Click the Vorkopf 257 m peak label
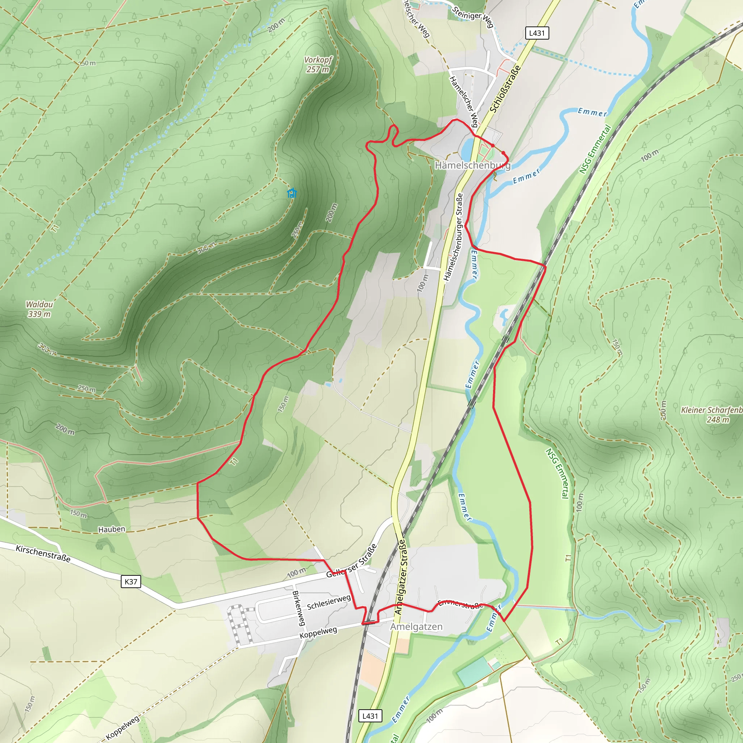pyautogui.click(x=318, y=65)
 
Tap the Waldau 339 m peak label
pyautogui.click(x=39, y=309)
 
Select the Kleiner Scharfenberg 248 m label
pyautogui.click(x=711, y=415)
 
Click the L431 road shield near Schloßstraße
pyautogui.click(x=537, y=33)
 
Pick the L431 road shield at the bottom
pyautogui.click(x=370, y=716)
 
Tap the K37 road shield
pyautogui.click(x=131, y=582)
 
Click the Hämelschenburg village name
pyautogui.click(x=472, y=165)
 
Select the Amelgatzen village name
pyautogui.click(x=416, y=627)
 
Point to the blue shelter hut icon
pyautogui.click(x=292, y=193)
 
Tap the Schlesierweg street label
pyautogui.click(x=329, y=602)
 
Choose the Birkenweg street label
pyautogui.click(x=299, y=608)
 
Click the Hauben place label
pyautogui.click(x=111, y=530)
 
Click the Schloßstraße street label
pyautogui.click(x=505, y=89)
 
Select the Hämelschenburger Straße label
pyautogui.click(x=453, y=238)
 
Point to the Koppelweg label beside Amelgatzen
pyautogui.click(x=318, y=633)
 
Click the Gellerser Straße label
pyautogui.click(x=351, y=562)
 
